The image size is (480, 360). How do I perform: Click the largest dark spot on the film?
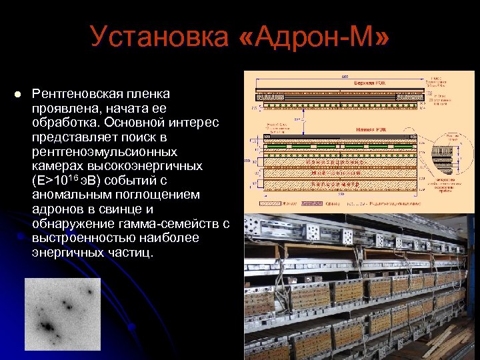click(48, 327)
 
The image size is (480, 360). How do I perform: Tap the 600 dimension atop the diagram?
click(345, 76)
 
